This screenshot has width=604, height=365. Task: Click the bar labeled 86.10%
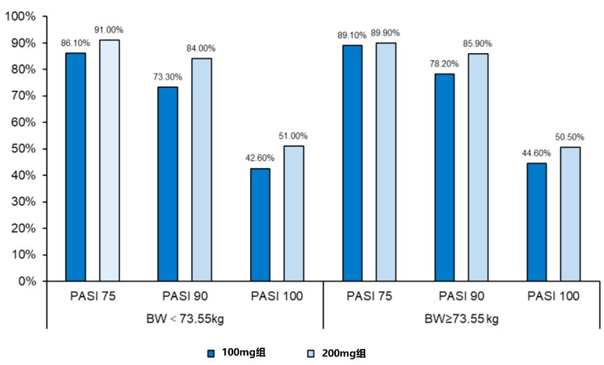point(75,167)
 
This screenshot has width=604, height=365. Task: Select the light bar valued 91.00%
point(109,161)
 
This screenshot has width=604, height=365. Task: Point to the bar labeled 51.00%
point(294,214)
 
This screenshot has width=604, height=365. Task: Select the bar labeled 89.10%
point(352,163)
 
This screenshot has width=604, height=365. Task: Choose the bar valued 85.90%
point(478,167)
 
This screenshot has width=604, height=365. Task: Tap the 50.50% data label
point(570,137)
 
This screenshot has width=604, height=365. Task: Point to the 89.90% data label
point(386,32)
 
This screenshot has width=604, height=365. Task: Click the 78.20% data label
point(445,64)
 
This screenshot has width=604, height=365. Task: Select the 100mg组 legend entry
point(237,353)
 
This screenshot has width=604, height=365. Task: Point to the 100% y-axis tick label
point(20,16)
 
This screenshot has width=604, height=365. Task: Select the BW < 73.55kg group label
point(185,319)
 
